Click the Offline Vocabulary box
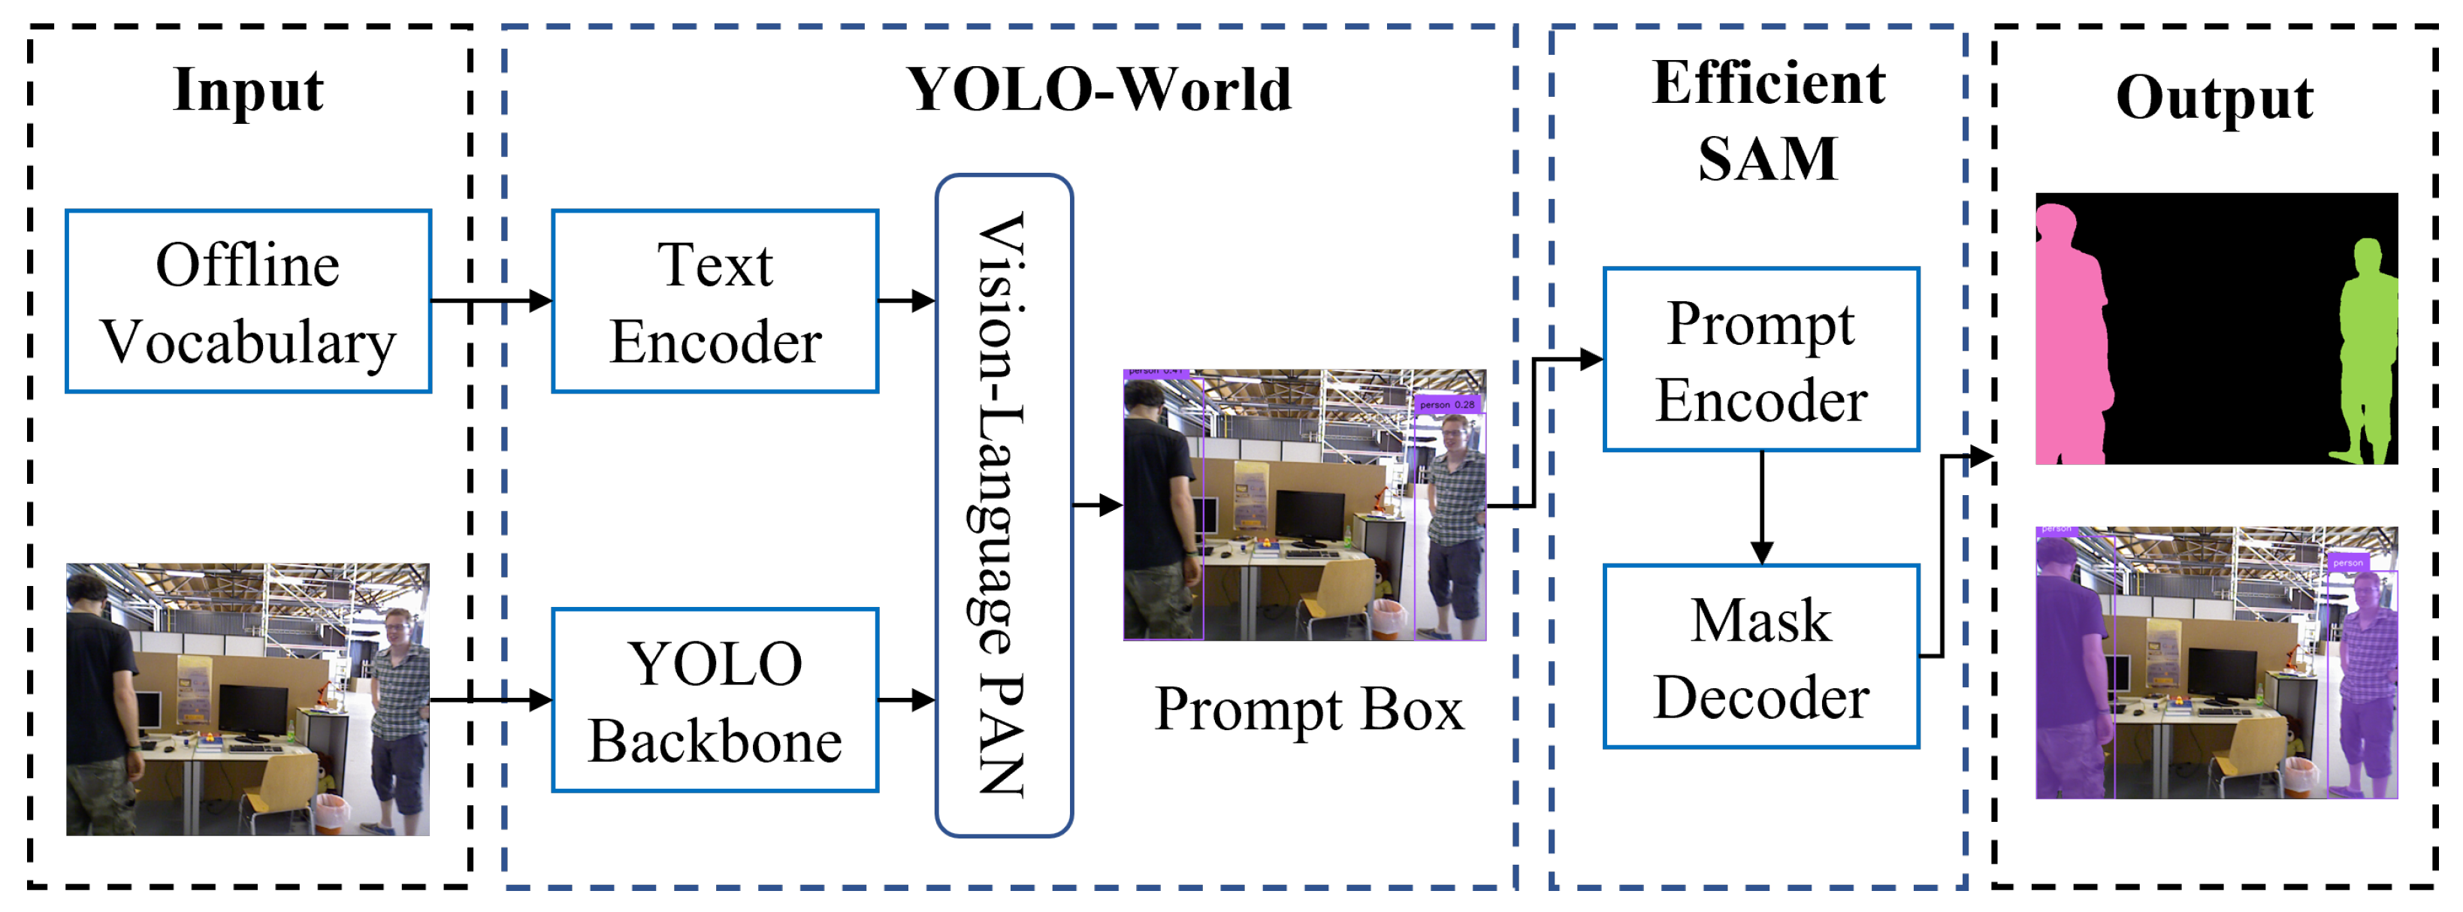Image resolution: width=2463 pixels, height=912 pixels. [248, 301]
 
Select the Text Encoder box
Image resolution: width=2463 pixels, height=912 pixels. [715, 301]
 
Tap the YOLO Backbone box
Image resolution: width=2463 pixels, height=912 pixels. [715, 699]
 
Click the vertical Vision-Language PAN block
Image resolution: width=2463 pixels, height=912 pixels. [1003, 505]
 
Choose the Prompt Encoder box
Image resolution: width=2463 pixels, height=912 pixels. [1760, 359]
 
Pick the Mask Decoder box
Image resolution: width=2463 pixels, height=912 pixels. [1760, 657]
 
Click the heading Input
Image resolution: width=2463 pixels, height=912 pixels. [248, 90]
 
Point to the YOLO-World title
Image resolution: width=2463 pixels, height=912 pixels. [1099, 90]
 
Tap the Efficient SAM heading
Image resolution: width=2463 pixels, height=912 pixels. [1768, 119]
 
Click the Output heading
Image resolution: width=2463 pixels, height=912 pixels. [2214, 98]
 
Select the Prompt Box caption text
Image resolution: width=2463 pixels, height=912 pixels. [1308, 708]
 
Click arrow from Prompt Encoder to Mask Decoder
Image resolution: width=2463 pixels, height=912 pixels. [1761, 506]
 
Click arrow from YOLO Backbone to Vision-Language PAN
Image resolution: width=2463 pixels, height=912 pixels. [905, 699]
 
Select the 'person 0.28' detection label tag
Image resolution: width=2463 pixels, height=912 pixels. [1446, 404]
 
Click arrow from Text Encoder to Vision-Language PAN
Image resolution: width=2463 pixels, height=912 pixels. [905, 301]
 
